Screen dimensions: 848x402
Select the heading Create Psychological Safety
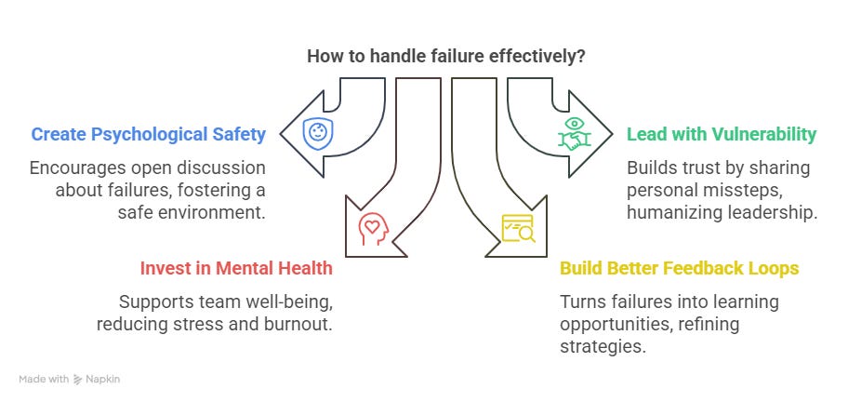click(x=149, y=134)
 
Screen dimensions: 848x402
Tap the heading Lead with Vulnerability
click(x=722, y=134)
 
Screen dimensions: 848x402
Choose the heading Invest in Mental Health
click(x=235, y=269)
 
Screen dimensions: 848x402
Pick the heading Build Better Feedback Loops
click(x=679, y=269)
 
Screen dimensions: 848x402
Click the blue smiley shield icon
click(x=318, y=134)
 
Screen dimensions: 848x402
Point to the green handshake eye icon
click(x=575, y=134)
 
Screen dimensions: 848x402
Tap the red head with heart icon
click(x=373, y=228)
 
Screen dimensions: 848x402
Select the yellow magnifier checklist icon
click(x=518, y=228)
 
